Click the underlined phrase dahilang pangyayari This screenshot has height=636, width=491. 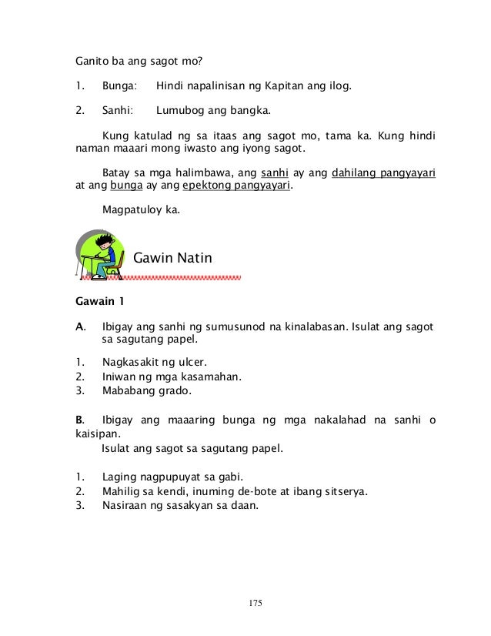(x=383, y=172)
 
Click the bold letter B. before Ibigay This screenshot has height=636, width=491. (x=78, y=420)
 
